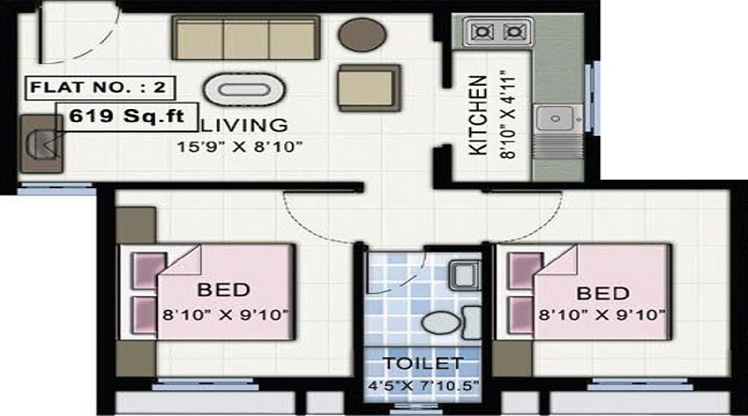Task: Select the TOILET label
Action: tap(421, 363)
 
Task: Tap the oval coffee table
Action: tap(244, 88)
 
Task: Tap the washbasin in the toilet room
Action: tap(460, 275)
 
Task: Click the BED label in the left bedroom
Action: tap(224, 290)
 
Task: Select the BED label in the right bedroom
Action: tap(602, 294)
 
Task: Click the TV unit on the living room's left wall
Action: tap(40, 142)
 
